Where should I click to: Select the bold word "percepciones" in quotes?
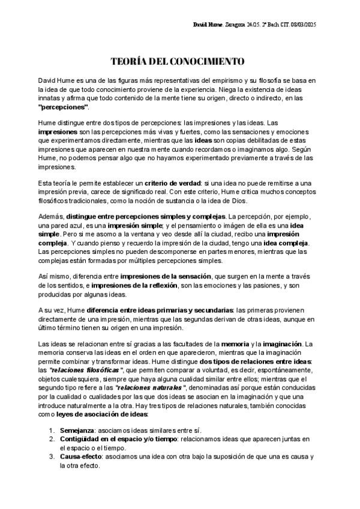point(63,106)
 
